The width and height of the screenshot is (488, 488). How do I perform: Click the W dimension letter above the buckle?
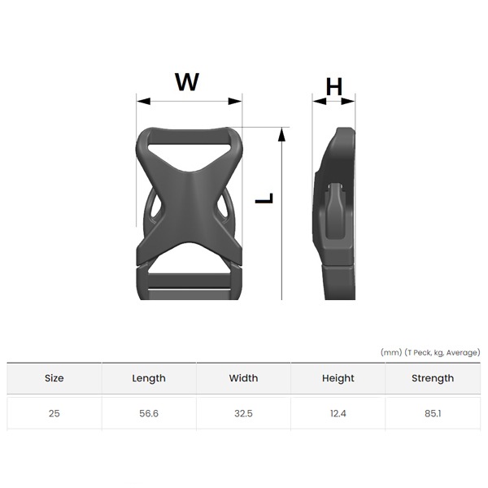tap(187, 81)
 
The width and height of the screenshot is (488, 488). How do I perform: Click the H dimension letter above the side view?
tap(334, 86)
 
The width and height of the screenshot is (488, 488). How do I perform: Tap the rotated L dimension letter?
tap(264, 198)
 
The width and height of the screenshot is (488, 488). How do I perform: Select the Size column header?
tap(54, 378)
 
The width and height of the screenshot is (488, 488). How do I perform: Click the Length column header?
tap(149, 378)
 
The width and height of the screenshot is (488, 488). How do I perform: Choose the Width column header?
tap(243, 378)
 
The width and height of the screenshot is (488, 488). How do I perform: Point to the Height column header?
tap(338, 378)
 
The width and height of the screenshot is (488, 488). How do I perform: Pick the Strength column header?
tap(433, 378)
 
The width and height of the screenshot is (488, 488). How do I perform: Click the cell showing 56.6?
tap(149, 414)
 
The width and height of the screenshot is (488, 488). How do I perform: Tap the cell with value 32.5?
tap(243, 414)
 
